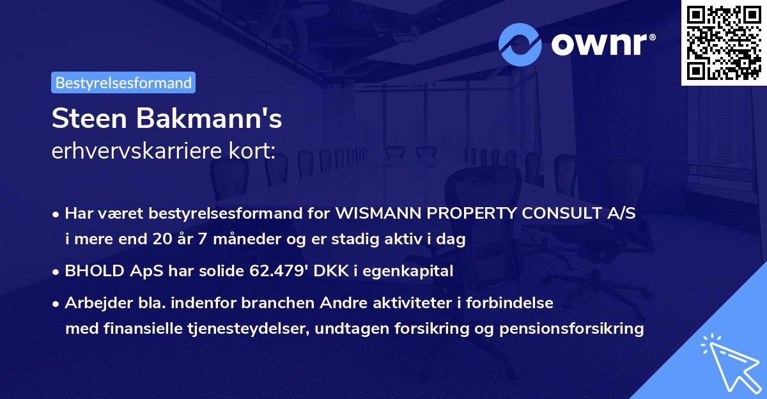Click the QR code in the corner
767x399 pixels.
tap(724, 42)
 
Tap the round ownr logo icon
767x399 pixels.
tap(520, 45)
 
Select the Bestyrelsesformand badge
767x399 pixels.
tap(123, 82)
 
